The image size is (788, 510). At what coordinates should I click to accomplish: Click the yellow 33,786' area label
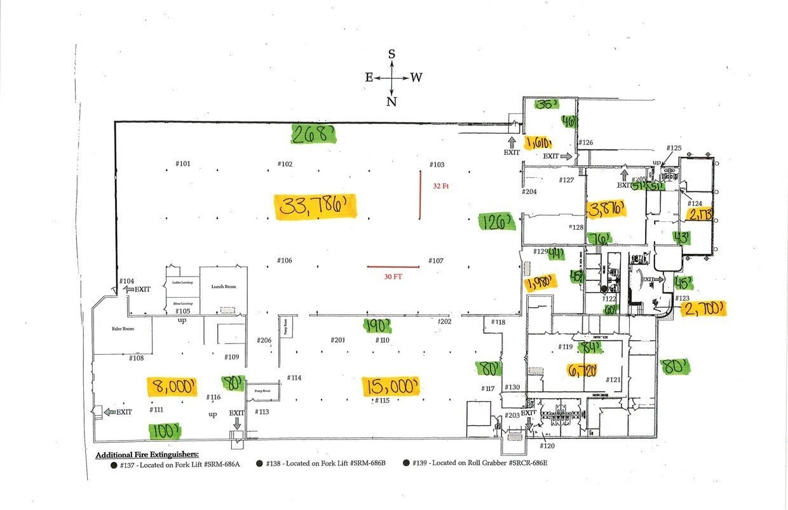pyautogui.click(x=316, y=207)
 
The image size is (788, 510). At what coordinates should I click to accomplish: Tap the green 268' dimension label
pyautogui.click(x=313, y=134)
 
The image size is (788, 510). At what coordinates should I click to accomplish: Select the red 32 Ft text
pyautogui.click(x=441, y=186)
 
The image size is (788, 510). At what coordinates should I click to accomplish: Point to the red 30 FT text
pyautogui.click(x=394, y=277)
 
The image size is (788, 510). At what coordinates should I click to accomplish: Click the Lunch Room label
pyautogui.click(x=223, y=287)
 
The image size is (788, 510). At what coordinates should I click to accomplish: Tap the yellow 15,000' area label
pyautogui.click(x=391, y=385)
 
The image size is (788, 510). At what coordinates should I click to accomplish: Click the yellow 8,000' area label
pyautogui.click(x=172, y=386)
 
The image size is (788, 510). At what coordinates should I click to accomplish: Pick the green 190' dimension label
pyautogui.click(x=377, y=326)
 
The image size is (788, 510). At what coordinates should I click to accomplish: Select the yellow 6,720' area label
pyautogui.click(x=581, y=370)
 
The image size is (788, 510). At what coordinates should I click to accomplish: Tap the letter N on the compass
pyautogui.click(x=391, y=102)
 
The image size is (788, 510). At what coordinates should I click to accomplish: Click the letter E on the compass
pyautogui.click(x=369, y=78)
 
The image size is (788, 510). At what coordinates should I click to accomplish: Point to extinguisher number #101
pyautogui.click(x=183, y=164)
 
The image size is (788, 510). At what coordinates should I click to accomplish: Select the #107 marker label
pyautogui.click(x=436, y=261)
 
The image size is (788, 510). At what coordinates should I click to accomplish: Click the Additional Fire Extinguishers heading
pyautogui.click(x=147, y=455)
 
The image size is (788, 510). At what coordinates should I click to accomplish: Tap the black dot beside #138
pyautogui.click(x=261, y=464)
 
